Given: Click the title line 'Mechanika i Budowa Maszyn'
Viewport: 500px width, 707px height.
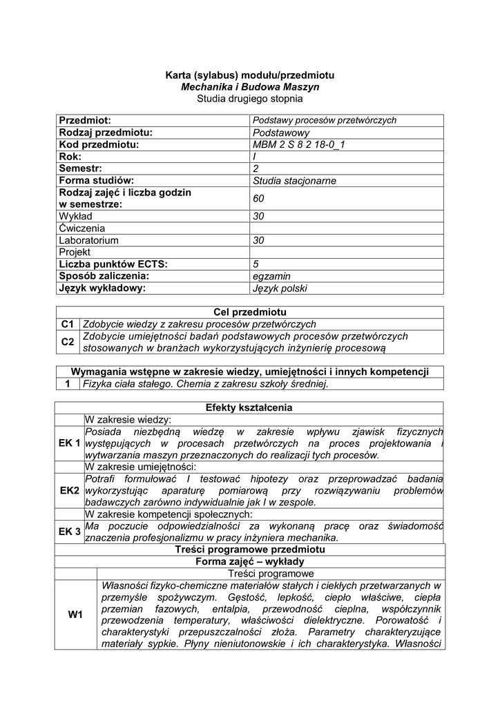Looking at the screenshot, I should click(x=250, y=87).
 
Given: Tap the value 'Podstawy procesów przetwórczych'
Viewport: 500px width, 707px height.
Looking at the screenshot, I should click(x=325, y=120).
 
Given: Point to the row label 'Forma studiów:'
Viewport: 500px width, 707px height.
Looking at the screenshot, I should click(x=96, y=181).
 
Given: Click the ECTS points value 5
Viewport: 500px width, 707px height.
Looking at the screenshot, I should click(x=256, y=264).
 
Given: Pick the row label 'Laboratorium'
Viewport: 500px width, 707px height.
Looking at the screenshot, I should click(x=89, y=240).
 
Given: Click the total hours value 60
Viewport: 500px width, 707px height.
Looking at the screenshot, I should click(x=259, y=199).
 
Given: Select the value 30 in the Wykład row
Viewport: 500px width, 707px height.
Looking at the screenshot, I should click(x=260, y=216).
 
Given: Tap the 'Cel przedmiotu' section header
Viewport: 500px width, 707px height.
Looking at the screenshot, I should click(x=249, y=312).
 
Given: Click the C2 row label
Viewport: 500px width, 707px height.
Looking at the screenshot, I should click(x=68, y=342).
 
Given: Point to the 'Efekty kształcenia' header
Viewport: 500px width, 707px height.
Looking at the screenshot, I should click(x=249, y=407).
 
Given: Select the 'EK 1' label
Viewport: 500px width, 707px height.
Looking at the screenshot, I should click(x=70, y=443).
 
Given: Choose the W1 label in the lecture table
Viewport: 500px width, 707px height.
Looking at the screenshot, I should click(x=75, y=614).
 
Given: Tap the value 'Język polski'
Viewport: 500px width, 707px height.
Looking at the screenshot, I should click(x=280, y=289).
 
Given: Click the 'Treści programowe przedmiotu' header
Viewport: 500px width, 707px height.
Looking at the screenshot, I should click(x=249, y=550).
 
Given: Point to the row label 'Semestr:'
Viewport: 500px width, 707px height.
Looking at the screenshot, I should click(x=81, y=168).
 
